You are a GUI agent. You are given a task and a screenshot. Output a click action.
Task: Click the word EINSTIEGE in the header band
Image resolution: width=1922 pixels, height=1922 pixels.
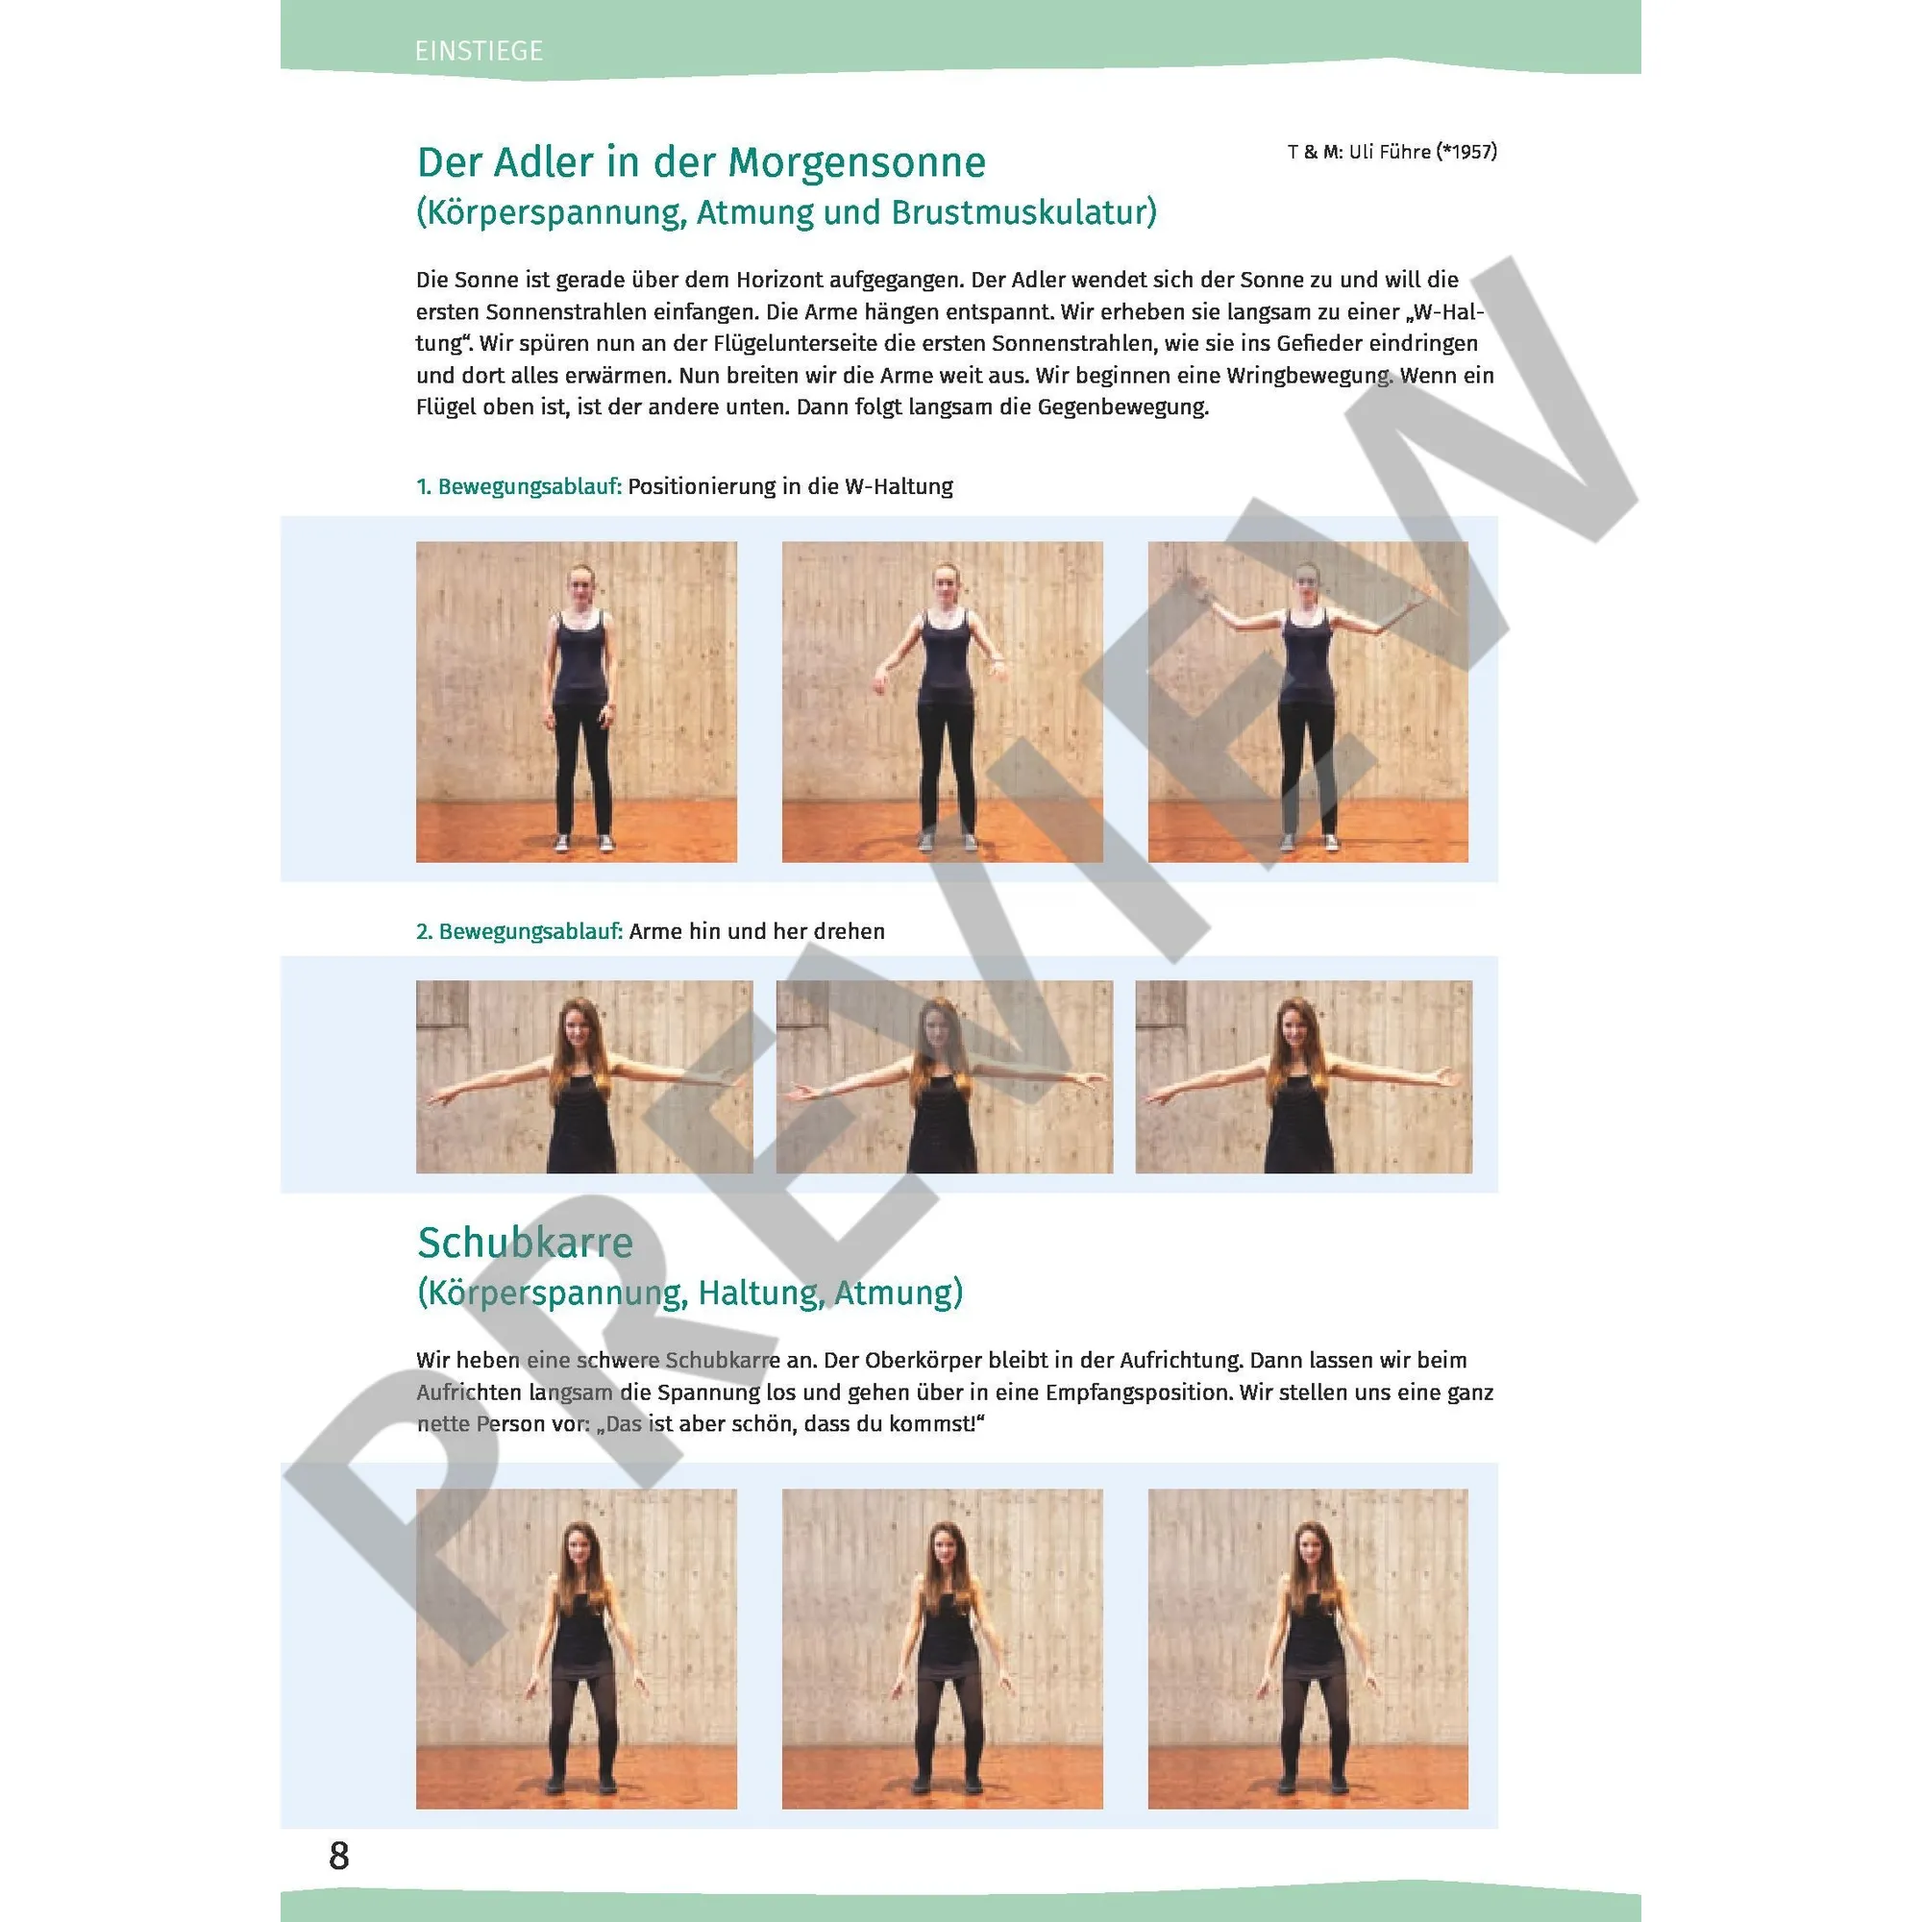(x=479, y=51)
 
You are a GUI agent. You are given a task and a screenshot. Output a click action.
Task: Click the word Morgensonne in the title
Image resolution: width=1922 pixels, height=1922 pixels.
(x=856, y=162)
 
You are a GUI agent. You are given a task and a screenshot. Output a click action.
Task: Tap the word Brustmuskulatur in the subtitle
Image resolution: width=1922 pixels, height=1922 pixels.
(x=1023, y=213)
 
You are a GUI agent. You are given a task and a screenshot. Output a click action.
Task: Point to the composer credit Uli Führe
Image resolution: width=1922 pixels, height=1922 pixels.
(x=1389, y=151)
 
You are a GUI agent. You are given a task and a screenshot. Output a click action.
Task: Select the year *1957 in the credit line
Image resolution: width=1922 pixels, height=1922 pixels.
(x=1466, y=151)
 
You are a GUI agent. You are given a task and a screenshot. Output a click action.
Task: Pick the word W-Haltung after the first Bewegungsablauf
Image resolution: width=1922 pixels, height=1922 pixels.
(x=899, y=486)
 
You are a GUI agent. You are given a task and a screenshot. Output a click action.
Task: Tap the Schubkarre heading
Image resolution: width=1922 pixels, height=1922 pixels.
(x=526, y=1243)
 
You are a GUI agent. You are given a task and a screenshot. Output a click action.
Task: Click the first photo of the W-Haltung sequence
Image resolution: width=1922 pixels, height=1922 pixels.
(x=576, y=702)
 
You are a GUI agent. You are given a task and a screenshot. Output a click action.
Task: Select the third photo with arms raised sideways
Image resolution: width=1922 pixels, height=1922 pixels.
(x=1308, y=702)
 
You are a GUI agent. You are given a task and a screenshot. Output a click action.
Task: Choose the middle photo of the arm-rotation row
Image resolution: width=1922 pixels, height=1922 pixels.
(x=944, y=1076)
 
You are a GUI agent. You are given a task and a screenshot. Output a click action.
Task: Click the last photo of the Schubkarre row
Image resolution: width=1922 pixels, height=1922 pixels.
(x=1308, y=1648)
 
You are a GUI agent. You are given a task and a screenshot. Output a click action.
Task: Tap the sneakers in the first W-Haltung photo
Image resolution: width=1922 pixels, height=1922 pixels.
(x=584, y=844)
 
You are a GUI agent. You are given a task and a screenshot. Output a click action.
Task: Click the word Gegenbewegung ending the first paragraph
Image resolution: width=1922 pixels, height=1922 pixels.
(x=1122, y=407)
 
